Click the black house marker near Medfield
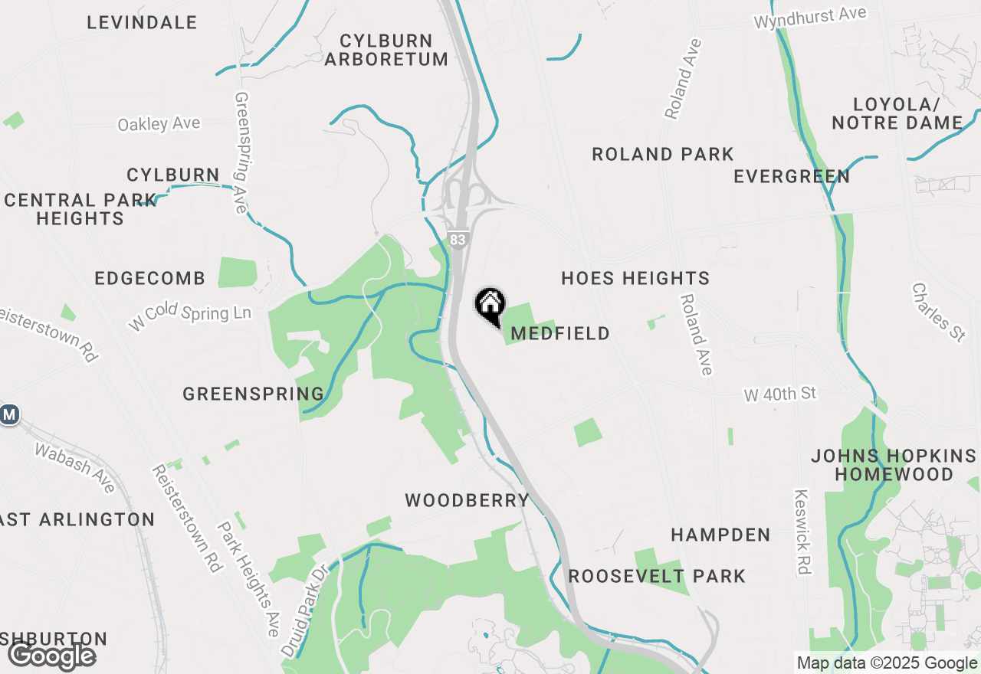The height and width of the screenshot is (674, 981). pyautogui.click(x=490, y=306)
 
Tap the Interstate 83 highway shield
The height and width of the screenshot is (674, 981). pyautogui.click(x=458, y=239)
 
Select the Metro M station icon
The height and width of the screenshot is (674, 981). pyautogui.click(x=9, y=415)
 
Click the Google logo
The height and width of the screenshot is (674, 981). pyautogui.click(x=51, y=656)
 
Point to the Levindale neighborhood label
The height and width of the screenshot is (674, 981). pyautogui.click(x=142, y=22)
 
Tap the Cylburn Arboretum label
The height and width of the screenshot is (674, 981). pyautogui.click(x=386, y=50)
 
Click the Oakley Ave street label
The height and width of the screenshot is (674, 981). pyautogui.click(x=159, y=123)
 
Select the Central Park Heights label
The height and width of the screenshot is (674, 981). pyautogui.click(x=80, y=209)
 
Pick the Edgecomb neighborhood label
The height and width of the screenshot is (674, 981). pyautogui.click(x=150, y=278)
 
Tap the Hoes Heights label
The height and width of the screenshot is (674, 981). pyautogui.click(x=635, y=278)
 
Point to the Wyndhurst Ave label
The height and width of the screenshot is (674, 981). pyautogui.click(x=810, y=17)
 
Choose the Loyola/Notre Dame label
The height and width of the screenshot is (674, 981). pyautogui.click(x=897, y=113)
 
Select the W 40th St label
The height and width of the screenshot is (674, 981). pyautogui.click(x=780, y=394)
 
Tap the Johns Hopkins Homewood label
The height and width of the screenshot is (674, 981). pyautogui.click(x=894, y=465)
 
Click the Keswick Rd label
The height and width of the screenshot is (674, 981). pyautogui.click(x=802, y=532)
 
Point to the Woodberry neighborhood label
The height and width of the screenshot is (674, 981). pyautogui.click(x=468, y=500)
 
